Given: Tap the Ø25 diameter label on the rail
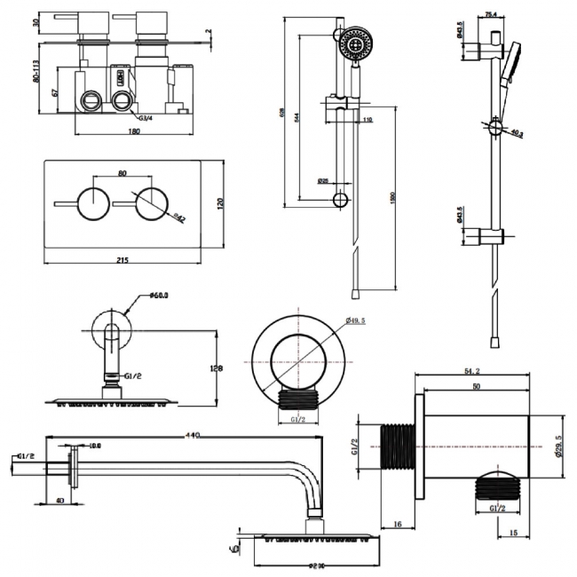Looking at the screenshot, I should [x=323, y=181].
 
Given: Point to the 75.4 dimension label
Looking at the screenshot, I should [x=490, y=14].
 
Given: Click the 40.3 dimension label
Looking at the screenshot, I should [x=518, y=134].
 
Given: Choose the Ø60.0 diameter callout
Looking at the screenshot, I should [x=159, y=296].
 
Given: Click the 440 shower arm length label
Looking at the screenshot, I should [x=192, y=435].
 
